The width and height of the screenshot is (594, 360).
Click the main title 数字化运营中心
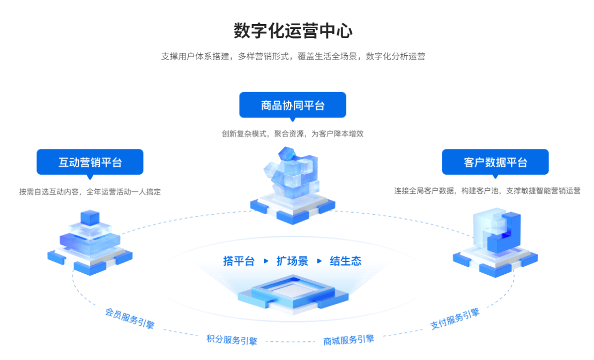tap(293, 31)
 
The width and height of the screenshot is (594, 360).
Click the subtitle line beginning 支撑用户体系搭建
tap(293, 56)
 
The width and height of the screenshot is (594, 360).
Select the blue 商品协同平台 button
tap(293, 105)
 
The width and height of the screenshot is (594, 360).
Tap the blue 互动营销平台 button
tap(90, 162)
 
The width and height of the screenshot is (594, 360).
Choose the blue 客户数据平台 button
tap(495, 162)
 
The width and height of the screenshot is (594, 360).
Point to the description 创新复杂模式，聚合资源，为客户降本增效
tap(293, 134)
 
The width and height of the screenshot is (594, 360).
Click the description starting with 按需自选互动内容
tap(90, 191)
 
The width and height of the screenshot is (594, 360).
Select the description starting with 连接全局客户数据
tap(487, 191)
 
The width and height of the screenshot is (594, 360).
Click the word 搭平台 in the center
tap(239, 261)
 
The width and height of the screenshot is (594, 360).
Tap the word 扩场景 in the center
tap(292, 261)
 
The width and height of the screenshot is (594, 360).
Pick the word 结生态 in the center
tap(346, 261)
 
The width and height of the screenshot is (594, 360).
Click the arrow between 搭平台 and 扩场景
tap(266, 261)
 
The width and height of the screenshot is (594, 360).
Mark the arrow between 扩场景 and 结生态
tap(319, 261)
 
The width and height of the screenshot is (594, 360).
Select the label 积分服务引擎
tap(232, 340)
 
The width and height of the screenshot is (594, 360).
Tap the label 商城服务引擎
tap(348, 340)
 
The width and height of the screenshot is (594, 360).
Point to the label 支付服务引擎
tap(455, 319)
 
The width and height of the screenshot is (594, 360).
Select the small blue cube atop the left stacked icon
tap(90, 218)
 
